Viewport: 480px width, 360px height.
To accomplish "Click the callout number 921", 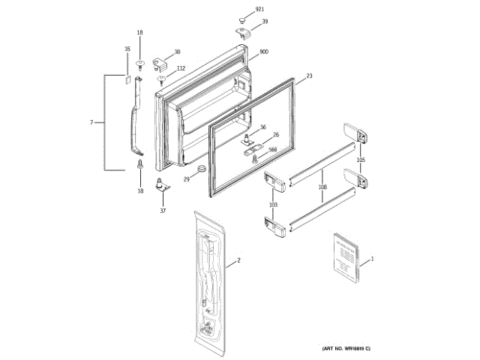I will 260,9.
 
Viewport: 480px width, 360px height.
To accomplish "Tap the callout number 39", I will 265,22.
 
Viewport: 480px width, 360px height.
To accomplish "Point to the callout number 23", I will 310,76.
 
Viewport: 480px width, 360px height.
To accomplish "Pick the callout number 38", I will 177,52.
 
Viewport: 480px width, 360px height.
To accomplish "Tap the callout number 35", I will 126,49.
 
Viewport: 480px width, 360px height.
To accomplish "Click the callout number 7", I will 91,122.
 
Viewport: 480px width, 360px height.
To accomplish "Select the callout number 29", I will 187,178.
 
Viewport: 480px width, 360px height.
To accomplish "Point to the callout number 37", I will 162,211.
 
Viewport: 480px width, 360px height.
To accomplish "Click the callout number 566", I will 273,149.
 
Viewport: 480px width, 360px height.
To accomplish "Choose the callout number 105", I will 361,160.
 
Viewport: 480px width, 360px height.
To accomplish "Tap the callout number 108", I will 322,188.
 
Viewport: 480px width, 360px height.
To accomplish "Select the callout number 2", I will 238,260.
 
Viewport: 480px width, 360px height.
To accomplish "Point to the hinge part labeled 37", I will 161,187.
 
